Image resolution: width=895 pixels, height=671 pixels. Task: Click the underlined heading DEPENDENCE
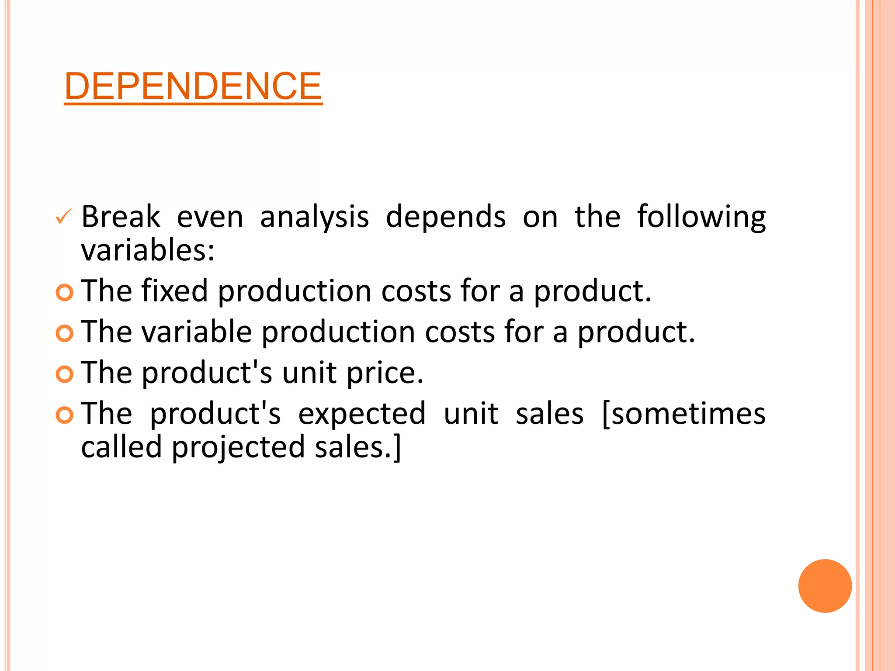point(193,86)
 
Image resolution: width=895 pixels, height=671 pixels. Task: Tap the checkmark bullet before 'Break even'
point(64,217)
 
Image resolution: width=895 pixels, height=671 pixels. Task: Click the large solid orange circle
point(825,586)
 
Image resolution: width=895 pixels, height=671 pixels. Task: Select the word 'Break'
point(121,217)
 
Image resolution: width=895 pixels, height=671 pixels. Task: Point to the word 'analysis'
point(314,218)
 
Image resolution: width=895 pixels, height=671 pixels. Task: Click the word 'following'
point(701,218)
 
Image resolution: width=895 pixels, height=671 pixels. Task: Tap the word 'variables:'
point(148,250)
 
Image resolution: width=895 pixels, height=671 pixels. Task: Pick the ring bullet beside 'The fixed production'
point(65,292)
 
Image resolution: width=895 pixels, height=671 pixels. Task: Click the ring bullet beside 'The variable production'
point(65,333)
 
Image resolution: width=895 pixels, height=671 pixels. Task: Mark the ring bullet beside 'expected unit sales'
point(65,415)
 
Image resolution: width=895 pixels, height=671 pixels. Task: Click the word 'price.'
point(385,374)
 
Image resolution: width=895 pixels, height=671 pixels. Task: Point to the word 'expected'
point(362,414)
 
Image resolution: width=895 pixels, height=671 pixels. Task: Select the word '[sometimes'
point(683,414)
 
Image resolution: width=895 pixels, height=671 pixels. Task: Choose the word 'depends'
point(446,217)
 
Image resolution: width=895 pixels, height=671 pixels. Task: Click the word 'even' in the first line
point(210,218)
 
